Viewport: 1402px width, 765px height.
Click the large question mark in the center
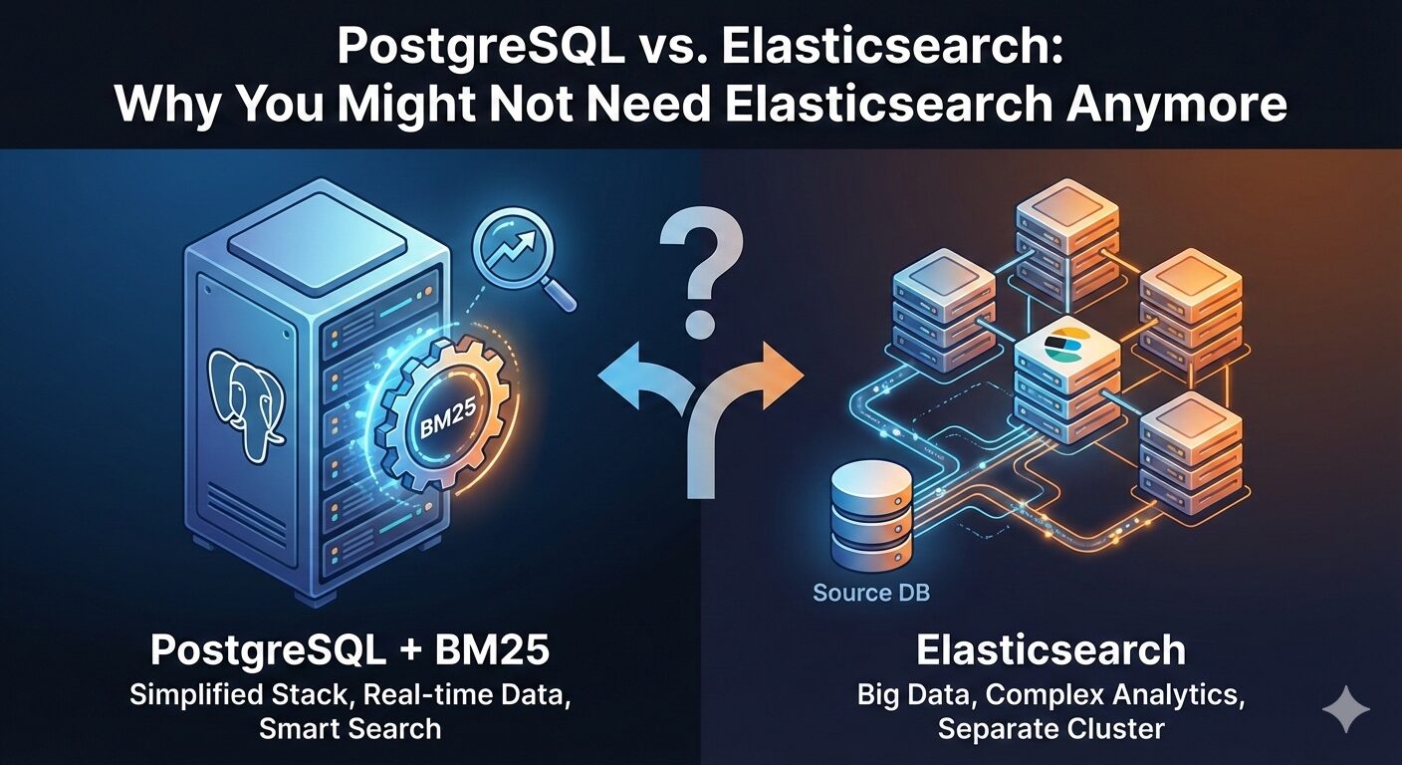[x=700, y=269]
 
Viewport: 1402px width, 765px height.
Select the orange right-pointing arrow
[x=772, y=377]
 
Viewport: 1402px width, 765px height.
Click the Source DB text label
[x=871, y=593]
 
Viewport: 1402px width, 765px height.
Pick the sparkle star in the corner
[x=1346, y=708]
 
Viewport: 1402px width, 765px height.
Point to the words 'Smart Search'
[x=350, y=728]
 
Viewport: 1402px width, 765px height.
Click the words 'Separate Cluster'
[x=1051, y=728]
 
